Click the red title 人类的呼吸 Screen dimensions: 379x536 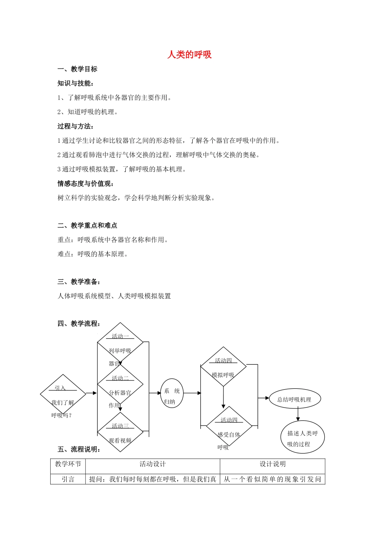click(189, 55)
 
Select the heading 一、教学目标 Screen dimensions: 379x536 click(77, 69)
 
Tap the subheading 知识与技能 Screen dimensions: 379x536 click(75, 83)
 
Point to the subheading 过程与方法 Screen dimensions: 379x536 click(75, 126)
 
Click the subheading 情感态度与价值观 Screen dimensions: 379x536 click(86, 183)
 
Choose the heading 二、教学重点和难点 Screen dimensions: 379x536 click(87, 225)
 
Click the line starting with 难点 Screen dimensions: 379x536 click(93, 254)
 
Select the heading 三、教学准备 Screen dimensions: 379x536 click(79, 282)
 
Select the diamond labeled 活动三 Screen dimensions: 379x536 click(120, 432)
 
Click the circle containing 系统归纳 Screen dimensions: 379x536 click(172, 396)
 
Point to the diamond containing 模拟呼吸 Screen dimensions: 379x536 click(223, 367)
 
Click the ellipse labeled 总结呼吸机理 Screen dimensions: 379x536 click(294, 400)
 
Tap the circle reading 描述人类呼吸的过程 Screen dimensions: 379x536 click(302, 437)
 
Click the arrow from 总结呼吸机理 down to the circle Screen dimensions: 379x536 click(298, 415)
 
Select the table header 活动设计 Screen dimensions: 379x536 click(152, 464)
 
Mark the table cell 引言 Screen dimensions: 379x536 click(68, 479)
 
